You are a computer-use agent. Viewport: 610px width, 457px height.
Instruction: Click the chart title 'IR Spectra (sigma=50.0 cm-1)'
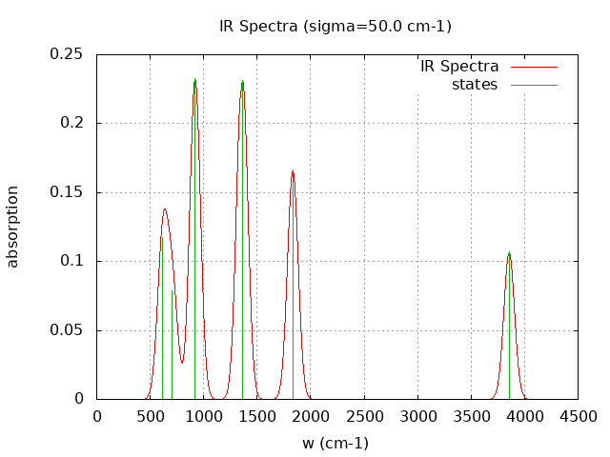tap(335, 26)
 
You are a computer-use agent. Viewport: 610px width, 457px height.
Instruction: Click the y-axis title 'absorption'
tap(13, 227)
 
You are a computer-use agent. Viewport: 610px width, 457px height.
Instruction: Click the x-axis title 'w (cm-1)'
tap(335, 443)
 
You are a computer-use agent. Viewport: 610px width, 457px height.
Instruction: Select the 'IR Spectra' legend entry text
tap(459, 67)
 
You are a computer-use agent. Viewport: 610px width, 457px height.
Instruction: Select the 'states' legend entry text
tap(475, 85)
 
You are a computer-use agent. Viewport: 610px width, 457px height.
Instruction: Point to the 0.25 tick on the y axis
tap(68, 54)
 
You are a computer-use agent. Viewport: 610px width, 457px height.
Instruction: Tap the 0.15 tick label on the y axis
tap(68, 192)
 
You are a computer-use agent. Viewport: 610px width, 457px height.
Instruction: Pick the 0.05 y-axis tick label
tap(68, 330)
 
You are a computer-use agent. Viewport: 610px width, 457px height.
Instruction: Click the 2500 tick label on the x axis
tap(364, 416)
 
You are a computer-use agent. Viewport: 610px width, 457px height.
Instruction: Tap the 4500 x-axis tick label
tap(578, 416)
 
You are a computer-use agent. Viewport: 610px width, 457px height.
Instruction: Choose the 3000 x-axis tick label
tap(417, 416)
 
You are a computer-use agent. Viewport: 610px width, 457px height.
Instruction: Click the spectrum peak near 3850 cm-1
tap(509, 252)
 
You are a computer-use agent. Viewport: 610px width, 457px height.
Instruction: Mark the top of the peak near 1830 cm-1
tap(293, 171)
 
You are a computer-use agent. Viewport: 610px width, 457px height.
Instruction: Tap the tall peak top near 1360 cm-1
tap(242, 81)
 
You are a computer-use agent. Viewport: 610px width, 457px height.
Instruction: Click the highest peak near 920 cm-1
tap(194, 80)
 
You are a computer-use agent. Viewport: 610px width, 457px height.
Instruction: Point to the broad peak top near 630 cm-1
tap(164, 209)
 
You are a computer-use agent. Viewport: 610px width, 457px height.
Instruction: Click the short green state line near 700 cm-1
tap(172, 343)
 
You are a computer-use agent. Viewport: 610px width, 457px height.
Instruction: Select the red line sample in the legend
tap(533, 67)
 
